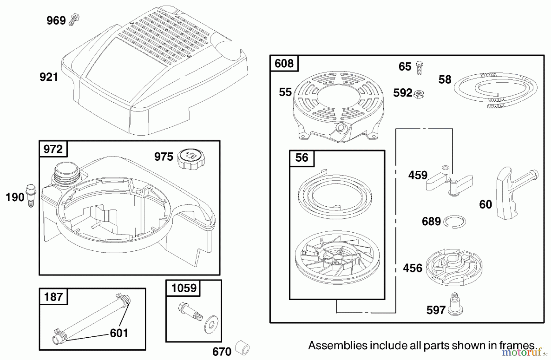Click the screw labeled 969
click(x=74, y=20)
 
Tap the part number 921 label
click(x=49, y=77)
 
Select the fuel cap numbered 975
click(x=191, y=159)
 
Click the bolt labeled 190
click(x=31, y=196)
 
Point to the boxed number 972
click(x=53, y=149)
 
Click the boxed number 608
click(x=284, y=63)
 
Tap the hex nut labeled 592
click(x=419, y=94)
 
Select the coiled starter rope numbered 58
click(x=496, y=90)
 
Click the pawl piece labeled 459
click(x=449, y=181)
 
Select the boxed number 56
click(x=302, y=158)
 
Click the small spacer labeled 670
click(x=242, y=349)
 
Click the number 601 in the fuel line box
click(x=119, y=333)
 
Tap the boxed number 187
click(x=53, y=297)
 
